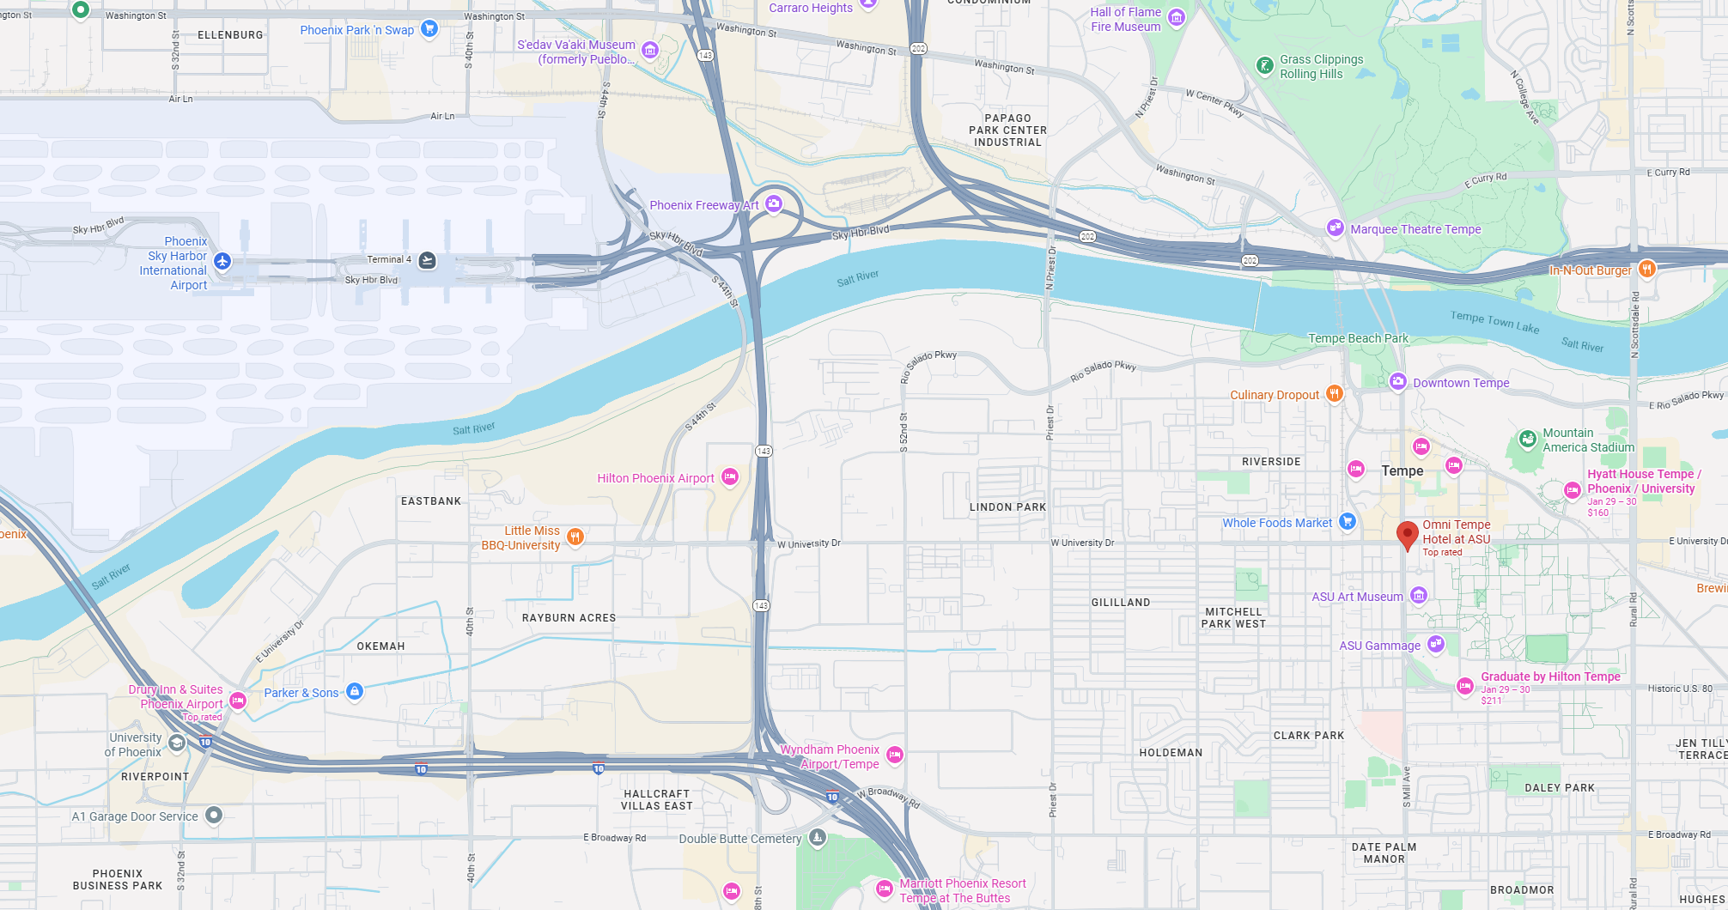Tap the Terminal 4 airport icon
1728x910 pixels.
click(x=427, y=260)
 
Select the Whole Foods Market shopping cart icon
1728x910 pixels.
click(x=1347, y=521)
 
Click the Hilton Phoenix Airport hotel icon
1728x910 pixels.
click(x=729, y=477)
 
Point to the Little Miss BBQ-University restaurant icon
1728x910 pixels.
click(x=575, y=537)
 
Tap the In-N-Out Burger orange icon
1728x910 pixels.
click(x=1646, y=269)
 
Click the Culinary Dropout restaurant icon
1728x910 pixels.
click(x=1334, y=394)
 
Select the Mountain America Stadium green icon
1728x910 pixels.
click(x=1527, y=440)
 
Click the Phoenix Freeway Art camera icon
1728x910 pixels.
click(x=774, y=203)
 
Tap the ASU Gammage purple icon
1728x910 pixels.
click(x=1435, y=644)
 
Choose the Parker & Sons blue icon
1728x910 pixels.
click(x=354, y=692)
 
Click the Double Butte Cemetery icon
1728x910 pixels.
click(x=817, y=838)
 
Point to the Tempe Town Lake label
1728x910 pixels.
click(x=1494, y=322)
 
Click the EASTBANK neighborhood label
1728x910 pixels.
click(x=431, y=501)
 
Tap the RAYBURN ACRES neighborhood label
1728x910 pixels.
click(x=569, y=618)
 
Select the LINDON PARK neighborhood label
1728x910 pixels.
click(x=1007, y=507)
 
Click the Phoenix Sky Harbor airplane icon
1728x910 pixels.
click(x=222, y=261)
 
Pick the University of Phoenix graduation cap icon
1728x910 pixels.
click(x=177, y=743)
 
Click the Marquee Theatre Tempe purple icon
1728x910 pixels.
click(x=1335, y=228)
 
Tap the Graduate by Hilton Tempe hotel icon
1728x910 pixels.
click(x=1465, y=686)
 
